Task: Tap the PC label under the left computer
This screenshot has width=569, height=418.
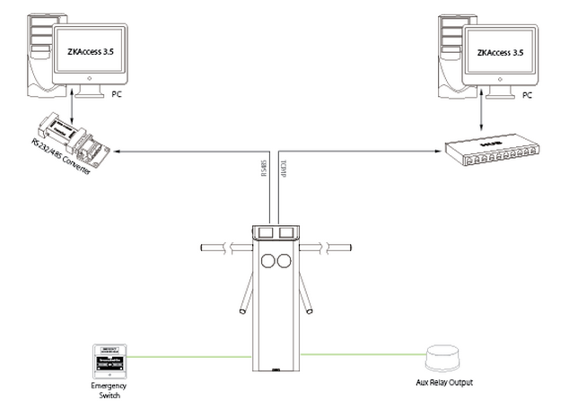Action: coord(117,93)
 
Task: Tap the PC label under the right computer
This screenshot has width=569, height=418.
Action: coord(528,94)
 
